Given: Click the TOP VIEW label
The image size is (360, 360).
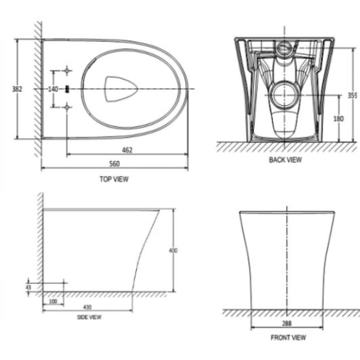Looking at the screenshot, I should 114,179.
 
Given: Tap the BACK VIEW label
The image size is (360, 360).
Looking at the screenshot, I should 285,160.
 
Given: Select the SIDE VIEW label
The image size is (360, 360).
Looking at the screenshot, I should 89,317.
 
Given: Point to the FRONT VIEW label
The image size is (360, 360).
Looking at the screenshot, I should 288,338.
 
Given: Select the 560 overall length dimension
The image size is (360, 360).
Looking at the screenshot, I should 115,164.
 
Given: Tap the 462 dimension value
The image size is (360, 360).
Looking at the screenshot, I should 127,150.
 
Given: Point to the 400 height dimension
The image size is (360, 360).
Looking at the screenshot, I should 173,250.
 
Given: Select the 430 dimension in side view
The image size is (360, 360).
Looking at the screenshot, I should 87,307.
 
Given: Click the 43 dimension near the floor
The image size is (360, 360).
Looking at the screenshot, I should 28,287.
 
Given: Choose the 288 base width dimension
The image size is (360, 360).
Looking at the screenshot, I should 287,324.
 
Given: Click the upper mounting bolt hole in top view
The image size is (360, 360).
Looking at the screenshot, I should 67,70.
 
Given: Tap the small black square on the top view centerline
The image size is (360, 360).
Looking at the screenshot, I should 67,89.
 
